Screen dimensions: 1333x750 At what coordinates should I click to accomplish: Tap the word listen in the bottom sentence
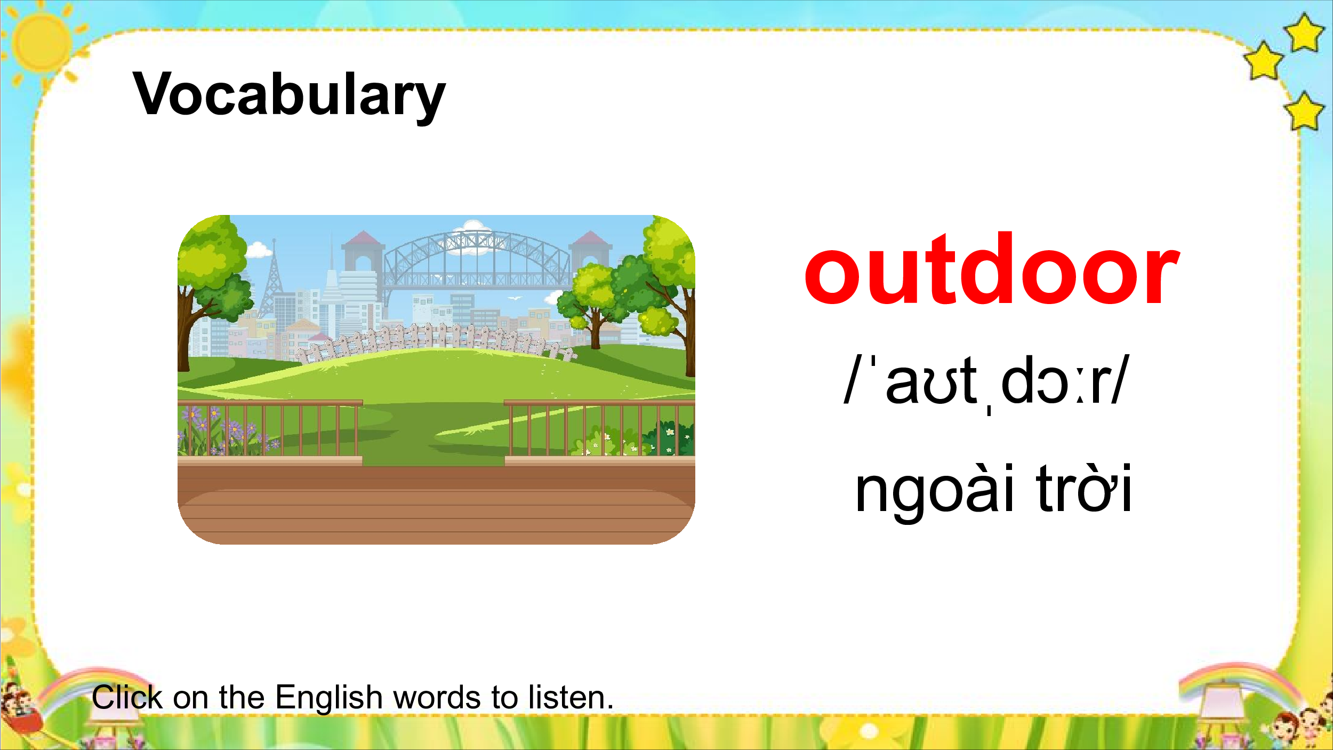(x=571, y=697)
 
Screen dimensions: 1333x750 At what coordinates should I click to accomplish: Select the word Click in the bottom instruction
(x=127, y=697)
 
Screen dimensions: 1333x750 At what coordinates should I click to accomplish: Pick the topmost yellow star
(x=1304, y=33)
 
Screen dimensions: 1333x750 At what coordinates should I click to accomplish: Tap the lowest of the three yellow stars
(x=1304, y=111)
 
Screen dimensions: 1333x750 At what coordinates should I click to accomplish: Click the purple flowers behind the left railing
(x=224, y=429)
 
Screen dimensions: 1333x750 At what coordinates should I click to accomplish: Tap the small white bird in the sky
(x=515, y=298)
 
